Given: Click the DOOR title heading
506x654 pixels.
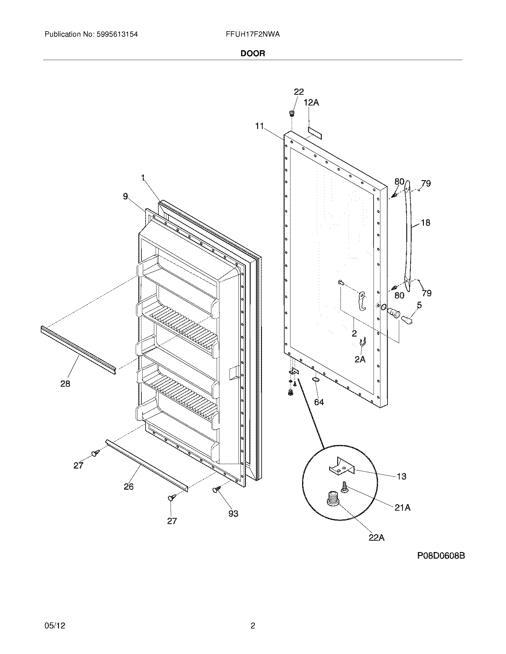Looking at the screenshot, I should coord(253,54).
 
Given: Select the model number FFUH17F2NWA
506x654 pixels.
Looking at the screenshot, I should coord(253,34).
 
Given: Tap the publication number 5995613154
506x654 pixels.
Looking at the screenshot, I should coord(117,34).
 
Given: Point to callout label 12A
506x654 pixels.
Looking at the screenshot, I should coord(311,103).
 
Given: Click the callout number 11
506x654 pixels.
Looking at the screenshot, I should coord(259,126).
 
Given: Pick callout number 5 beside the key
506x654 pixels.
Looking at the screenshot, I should coord(419,305).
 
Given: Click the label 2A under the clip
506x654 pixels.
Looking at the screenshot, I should coord(360,359).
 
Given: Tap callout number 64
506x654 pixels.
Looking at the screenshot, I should coord(319,402).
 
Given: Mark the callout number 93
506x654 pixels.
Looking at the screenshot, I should coord(233,514).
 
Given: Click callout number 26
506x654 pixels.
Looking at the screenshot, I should coord(129,487).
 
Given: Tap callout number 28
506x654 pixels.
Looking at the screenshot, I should coord(65,383).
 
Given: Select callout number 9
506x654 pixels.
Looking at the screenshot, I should coord(125,196).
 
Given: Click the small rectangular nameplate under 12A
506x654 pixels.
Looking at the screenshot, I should coord(314,132).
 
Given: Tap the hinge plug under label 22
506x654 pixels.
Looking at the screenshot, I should coord(291,114).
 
